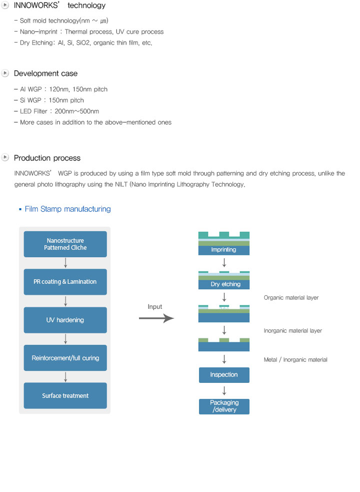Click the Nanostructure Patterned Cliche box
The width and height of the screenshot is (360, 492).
click(x=65, y=244)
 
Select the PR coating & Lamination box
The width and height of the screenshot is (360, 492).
click(x=65, y=282)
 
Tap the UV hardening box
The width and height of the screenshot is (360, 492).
click(x=65, y=320)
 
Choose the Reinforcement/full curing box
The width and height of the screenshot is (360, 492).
click(x=65, y=358)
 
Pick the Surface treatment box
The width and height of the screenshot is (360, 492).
click(x=65, y=396)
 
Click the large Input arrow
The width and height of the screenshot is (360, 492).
click(x=156, y=318)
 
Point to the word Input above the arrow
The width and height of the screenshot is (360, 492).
click(x=155, y=306)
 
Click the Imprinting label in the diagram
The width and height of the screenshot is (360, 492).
click(x=223, y=250)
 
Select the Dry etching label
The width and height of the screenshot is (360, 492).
click(x=225, y=284)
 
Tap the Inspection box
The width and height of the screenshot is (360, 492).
click(x=224, y=375)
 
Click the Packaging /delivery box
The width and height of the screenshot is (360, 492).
click(x=224, y=406)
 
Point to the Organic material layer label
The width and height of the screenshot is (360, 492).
click(x=291, y=298)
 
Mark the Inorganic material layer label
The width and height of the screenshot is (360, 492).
click(x=293, y=331)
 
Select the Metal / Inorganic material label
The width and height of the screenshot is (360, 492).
click(x=295, y=359)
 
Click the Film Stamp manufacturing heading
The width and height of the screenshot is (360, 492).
click(x=67, y=209)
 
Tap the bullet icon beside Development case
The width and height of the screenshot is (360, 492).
click(x=5, y=74)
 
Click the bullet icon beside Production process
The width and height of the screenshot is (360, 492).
click(x=5, y=157)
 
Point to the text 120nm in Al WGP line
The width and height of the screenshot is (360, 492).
click(x=59, y=90)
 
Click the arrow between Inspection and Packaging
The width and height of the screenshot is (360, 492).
click(x=224, y=391)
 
